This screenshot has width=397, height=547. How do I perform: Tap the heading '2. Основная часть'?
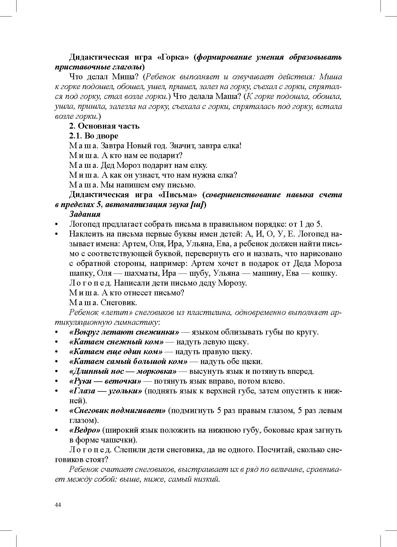pos(104,126)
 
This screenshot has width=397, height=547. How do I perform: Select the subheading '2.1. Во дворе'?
pos(94,136)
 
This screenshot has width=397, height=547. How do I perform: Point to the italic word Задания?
pos(85,214)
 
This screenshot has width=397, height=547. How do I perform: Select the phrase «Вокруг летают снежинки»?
pos(124,332)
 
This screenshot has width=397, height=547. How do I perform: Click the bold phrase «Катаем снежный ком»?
pos(116,342)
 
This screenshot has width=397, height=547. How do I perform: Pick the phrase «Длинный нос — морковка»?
pos(123,372)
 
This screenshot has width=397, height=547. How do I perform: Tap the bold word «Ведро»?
pos(84,430)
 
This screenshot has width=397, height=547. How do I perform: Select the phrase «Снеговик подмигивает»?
pos(117,411)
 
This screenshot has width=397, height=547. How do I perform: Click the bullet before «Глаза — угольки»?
pos(57,391)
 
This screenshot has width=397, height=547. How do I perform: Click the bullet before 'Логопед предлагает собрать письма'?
pos(57,224)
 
